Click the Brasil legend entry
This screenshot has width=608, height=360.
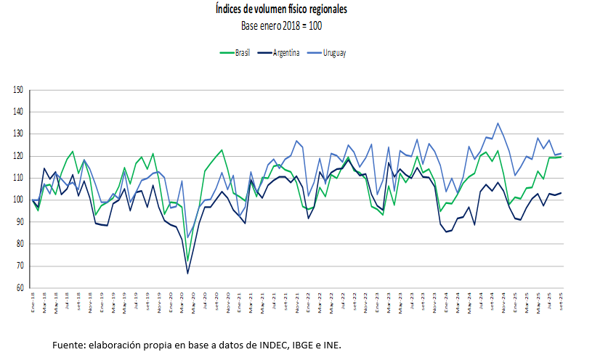point(242,53)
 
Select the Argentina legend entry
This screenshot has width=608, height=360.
point(288,53)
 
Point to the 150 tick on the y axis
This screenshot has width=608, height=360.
point(19,90)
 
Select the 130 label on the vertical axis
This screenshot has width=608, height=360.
point(19,134)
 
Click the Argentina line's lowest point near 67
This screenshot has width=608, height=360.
point(188,273)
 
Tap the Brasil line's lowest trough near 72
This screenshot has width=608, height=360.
point(188,261)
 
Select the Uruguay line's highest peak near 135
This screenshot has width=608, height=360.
point(498,123)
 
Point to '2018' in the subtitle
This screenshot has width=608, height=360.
point(290,25)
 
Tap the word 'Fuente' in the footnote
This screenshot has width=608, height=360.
point(68,344)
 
